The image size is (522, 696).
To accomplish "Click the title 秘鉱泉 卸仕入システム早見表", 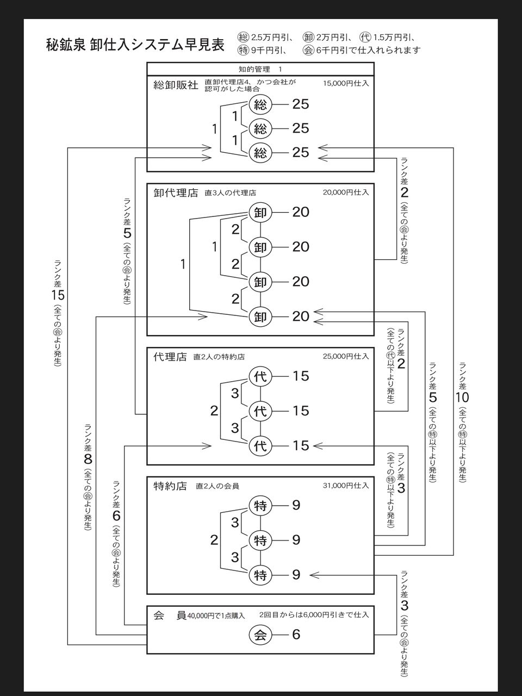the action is click(x=135, y=45).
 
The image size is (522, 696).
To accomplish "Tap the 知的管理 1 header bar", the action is click(x=260, y=69).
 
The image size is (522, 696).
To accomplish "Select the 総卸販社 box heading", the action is click(x=176, y=85).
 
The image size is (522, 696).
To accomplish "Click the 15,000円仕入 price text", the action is click(x=346, y=84).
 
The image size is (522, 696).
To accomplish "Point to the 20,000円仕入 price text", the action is click(x=346, y=192).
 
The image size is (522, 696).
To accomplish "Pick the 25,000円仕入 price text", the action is click(x=346, y=357).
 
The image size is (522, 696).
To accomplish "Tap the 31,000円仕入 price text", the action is click(x=346, y=486).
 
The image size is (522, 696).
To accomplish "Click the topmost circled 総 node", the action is click(x=260, y=104).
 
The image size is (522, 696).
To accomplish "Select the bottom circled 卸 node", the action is click(x=260, y=316).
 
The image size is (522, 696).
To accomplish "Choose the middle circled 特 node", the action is click(x=260, y=540).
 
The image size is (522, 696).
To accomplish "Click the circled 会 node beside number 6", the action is click(x=260, y=635).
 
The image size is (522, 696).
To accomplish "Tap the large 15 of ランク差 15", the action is click(x=58, y=295).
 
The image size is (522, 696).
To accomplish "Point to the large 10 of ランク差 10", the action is click(x=462, y=397).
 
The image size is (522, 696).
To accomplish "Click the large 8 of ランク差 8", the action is click(x=88, y=459).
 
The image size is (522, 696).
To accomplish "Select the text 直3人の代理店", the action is click(x=231, y=193).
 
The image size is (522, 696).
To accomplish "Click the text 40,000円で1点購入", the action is click(x=216, y=616).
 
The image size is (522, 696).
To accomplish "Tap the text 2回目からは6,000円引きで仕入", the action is click(x=314, y=615).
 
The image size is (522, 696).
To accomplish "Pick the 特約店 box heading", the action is click(x=170, y=486).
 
